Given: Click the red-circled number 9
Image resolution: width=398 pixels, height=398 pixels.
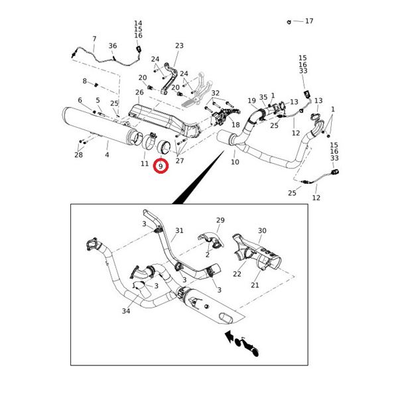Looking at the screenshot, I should (161, 166).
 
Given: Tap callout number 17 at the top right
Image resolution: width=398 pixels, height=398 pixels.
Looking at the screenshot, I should (309, 21).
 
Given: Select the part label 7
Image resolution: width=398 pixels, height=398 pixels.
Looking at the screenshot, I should (94, 39).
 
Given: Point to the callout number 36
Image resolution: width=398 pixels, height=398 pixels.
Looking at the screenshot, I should (113, 46).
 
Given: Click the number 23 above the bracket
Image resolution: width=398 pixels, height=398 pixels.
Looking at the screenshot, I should (179, 46).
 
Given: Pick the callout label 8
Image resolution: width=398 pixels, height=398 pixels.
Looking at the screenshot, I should (85, 81).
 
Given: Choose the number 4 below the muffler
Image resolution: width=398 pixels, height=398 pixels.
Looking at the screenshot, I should (107, 155).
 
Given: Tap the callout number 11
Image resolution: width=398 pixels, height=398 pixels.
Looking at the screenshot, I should (145, 163).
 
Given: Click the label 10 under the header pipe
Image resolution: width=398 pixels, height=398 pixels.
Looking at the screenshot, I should (235, 163).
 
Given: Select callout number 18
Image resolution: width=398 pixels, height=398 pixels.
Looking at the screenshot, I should (235, 125).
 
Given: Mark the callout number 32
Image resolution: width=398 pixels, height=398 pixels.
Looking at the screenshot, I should (215, 93).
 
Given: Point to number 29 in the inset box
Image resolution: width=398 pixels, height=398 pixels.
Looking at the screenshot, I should (220, 220).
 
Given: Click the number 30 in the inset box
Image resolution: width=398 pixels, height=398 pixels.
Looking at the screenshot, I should (262, 231).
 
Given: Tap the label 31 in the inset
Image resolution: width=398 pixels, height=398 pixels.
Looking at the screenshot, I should (179, 231).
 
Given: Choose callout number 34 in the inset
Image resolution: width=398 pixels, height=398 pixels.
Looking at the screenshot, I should (126, 311).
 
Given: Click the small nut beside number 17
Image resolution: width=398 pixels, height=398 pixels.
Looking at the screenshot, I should (290, 22).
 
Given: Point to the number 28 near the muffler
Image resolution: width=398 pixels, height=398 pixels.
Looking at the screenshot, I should (79, 155).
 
